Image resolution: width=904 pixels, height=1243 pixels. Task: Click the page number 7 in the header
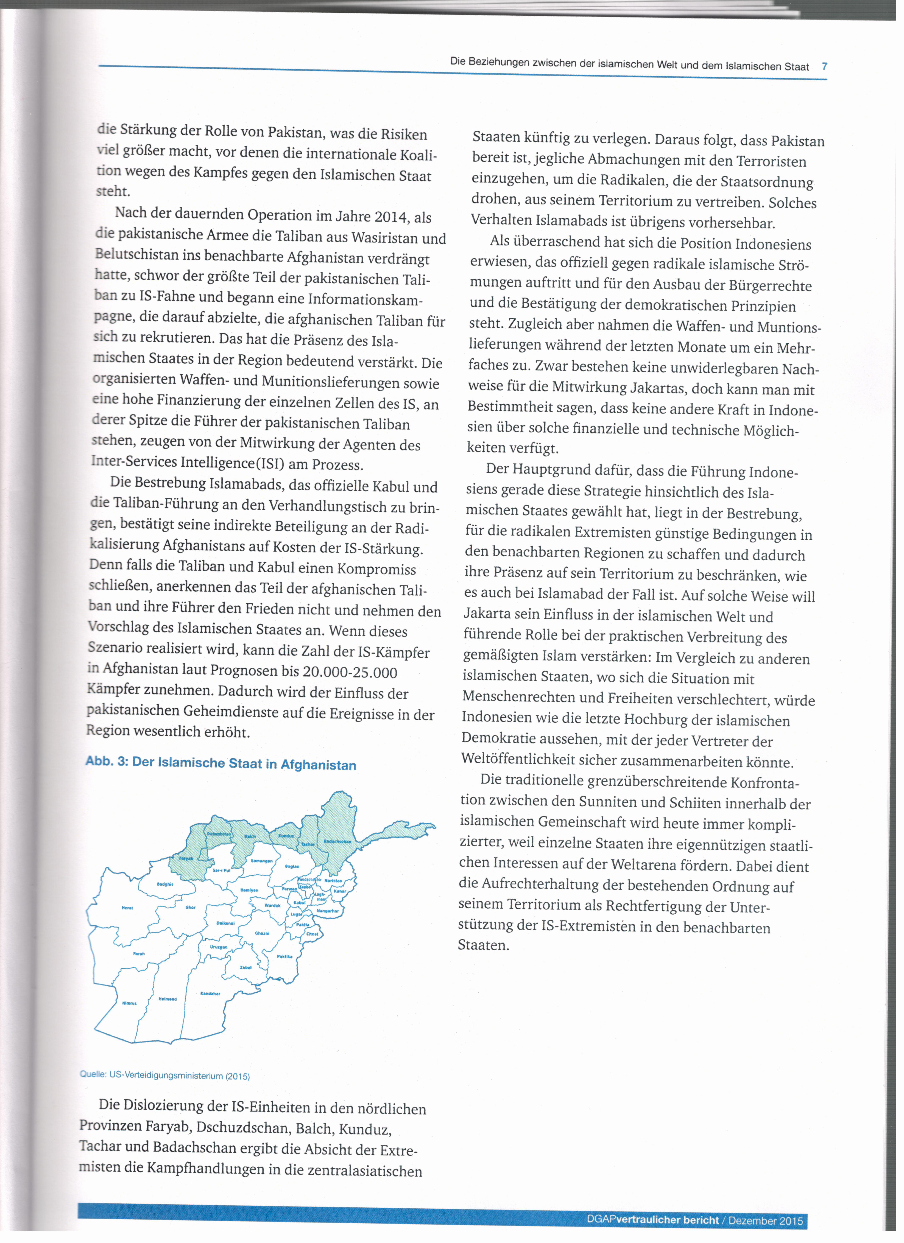click(824, 66)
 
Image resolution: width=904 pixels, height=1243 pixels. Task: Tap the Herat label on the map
click(127, 908)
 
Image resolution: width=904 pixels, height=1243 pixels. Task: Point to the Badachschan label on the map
click(337, 841)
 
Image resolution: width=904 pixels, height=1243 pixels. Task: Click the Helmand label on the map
click(167, 999)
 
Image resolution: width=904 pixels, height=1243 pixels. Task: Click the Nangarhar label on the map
click(328, 911)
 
